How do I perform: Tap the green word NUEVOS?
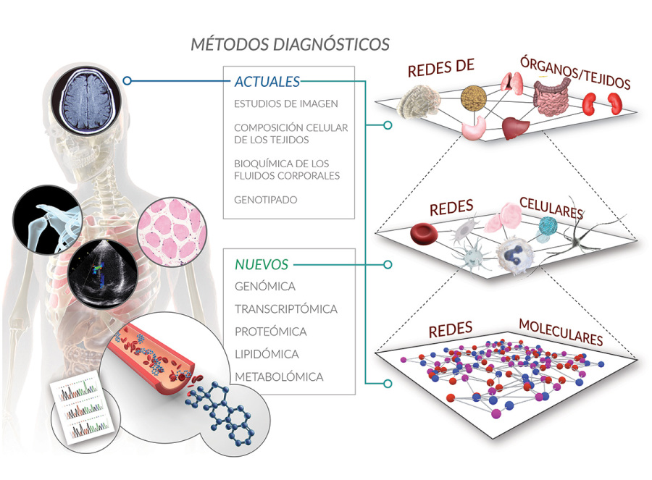[262, 264]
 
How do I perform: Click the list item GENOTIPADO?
[266, 198]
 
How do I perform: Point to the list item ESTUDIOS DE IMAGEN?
[285, 104]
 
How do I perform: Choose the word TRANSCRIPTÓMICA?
[285, 309]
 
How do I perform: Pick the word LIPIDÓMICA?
[267, 355]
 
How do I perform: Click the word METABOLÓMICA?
[279, 377]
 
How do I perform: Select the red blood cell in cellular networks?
[422, 234]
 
